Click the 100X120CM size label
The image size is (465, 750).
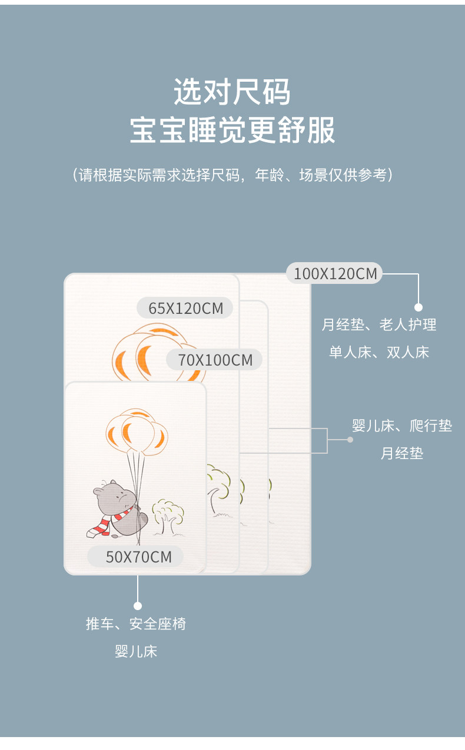click(x=334, y=273)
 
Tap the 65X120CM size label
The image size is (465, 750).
click(x=185, y=307)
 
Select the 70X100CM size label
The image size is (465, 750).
click(x=215, y=360)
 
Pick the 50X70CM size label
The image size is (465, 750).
click(x=138, y=556)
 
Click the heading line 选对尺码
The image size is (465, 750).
click(x=232, y=92)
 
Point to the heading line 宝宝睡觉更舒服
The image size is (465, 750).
click(x=232, y=130)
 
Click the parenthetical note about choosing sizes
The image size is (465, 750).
click(x=232, y=175)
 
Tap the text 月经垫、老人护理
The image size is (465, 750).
click(x=378, y=324)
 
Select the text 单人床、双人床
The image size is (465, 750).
click(x=378, y=352)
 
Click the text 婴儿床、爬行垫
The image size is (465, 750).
click(x=402, y=426)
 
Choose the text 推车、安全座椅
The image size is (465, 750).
click(x=136, y=624)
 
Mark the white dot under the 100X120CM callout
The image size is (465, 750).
click(x=418, y=307)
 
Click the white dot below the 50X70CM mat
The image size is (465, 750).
click(x=138, y=605)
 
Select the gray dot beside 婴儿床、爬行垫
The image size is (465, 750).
click(x=350, y=439)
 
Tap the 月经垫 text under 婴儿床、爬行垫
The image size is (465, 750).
click(x=402, y=454)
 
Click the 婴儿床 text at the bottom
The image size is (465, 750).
click(x=136, y=651)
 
